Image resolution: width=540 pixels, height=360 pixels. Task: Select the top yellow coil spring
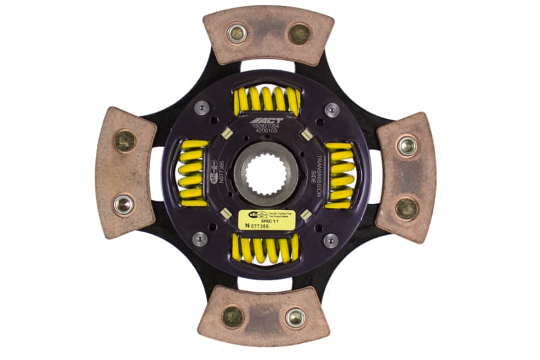(x=266, y=100)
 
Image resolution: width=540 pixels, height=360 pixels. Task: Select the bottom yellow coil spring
(x=265, y=249)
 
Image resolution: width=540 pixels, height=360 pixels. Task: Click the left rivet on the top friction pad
(x=237, y=33)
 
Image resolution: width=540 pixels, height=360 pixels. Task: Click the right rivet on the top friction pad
(x=299, y=34)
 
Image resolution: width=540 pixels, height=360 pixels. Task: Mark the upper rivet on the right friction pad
(x=407, y=145)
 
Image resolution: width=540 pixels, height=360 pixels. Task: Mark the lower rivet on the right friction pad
(x=406, y=208)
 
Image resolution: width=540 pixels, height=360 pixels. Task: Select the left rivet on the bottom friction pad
(x=233, y=316)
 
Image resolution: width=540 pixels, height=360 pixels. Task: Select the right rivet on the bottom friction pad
(x=295, y=316)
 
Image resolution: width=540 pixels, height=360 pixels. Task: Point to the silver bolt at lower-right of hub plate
(x=330, y=240)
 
